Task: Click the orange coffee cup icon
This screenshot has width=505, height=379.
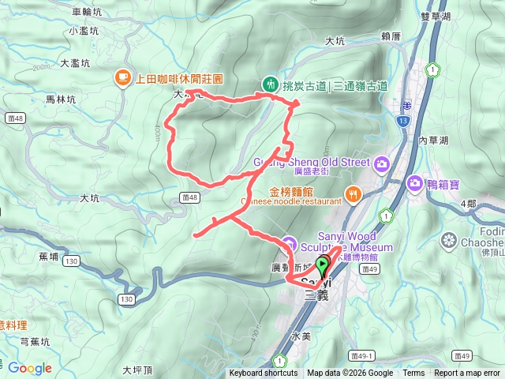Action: [122, 77]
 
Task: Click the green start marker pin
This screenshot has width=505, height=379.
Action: [323, 267]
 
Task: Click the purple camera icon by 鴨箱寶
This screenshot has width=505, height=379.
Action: [415, 183]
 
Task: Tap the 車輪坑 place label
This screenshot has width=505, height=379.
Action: [87, 12]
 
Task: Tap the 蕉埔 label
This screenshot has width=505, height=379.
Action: [48, 257]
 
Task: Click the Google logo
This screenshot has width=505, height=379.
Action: [30, 368]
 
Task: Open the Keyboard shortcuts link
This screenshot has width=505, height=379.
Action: [264, 373]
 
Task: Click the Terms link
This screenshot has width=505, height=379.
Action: [413, 373]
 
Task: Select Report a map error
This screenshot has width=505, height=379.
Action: [467, 373]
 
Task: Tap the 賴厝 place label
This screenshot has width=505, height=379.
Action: [391, 36]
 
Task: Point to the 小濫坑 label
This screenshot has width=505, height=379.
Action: [84, 31]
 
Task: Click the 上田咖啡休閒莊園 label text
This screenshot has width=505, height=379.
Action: [180, 79]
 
